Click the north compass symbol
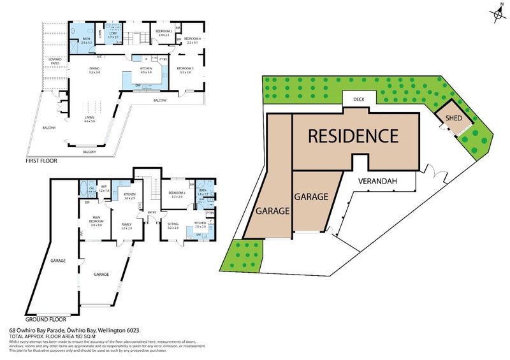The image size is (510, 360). point(497,13)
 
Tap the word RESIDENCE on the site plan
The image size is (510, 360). point(353,136)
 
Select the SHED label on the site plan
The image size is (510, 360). point(453,117)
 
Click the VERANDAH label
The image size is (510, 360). point(377,181)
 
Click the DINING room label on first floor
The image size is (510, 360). point(94,69)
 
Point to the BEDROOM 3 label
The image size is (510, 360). point(185,69)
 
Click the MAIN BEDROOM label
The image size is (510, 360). point(96,220)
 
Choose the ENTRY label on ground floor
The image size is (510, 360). point(152,213)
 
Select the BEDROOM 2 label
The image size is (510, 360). point(176,193)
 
